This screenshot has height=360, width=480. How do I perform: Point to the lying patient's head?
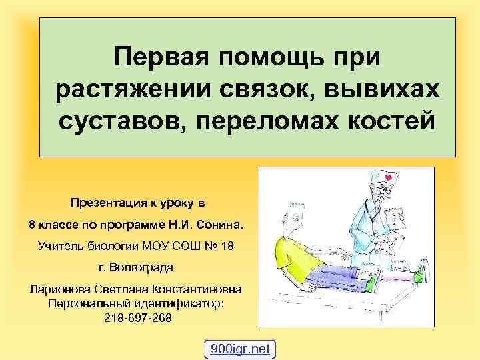pos(292,215)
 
